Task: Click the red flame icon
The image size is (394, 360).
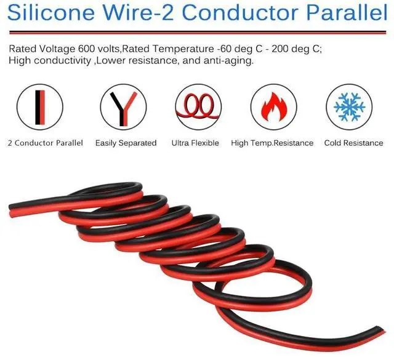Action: (274, 106)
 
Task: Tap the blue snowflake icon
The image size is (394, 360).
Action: (349, 106)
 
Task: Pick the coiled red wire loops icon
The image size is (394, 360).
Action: (198, 107)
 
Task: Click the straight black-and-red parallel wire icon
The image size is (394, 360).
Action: (40, 108)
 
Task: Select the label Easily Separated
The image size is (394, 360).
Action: (126, 143)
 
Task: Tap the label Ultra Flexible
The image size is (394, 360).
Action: (195, 143)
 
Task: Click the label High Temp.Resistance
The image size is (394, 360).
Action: (272, 143)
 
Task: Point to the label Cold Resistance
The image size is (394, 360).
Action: (353, 143)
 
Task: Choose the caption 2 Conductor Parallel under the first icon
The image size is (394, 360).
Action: (45, 143)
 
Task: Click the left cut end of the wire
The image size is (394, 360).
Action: (10, 210)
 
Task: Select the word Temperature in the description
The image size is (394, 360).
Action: (183, 49)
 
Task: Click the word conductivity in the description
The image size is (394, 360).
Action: (62, 60)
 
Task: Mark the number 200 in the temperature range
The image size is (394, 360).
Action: (280, 49)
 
